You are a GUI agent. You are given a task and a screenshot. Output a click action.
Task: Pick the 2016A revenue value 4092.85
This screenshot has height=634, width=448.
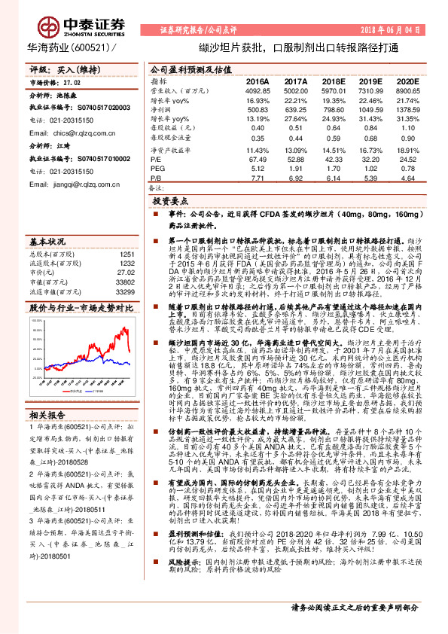(258, 90)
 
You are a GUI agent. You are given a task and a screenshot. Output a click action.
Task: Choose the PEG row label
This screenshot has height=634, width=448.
(157, 168)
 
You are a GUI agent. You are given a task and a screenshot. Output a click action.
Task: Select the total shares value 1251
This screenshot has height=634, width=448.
(126, 254)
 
